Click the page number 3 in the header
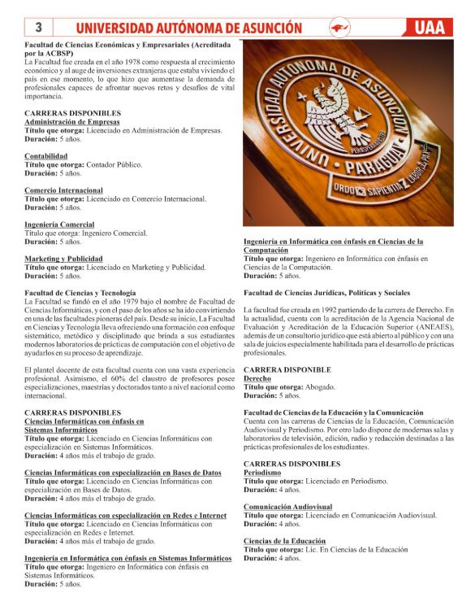pyautogui.click(x=37, y=28)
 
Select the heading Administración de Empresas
pyautogui.click(x=71, y=121)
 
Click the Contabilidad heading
pyautogui.click(x=46, y=155)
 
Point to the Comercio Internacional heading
pyautogui.click(x=63, y=190)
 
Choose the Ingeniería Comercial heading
pyautogui.click(x=59, y=224)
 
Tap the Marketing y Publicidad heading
pyautogui.click(x=63, y=258)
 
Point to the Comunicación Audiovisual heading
pyautogui.click(x=287, y=507)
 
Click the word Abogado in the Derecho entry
pyautogui.click(x=319, y=386)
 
